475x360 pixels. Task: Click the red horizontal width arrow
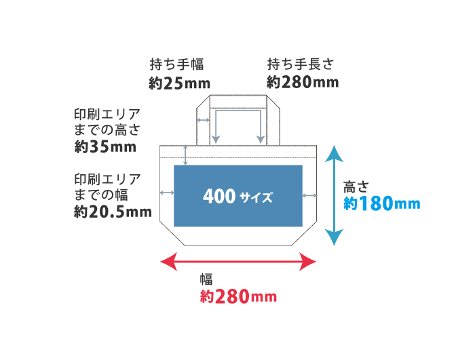pos(237,261)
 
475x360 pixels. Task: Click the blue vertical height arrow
pos(332,195)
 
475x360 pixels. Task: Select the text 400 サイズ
pos(237,197)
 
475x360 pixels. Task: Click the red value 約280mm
pos(238,296)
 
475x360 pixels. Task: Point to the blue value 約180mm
pos(381,203)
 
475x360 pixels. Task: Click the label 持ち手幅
pos(176,65)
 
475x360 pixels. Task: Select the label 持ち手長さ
pos(301,65)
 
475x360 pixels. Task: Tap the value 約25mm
pos(179,83)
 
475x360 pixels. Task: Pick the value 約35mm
pos(105,146)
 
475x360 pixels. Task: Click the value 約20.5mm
pos(113,212)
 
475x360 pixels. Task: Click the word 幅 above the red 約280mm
pos(206,279)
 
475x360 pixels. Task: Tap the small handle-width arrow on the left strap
pos(203,120)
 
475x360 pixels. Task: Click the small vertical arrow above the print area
pos(186,155)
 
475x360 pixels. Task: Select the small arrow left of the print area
pos(166,193)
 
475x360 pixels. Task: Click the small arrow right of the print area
pos(310,196)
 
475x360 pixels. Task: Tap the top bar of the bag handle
pos(237,102)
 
